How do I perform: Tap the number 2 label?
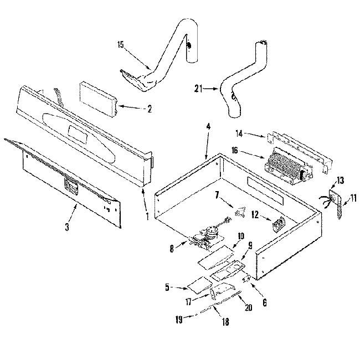click(x=150, y=109)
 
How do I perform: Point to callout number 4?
click(x=208, y=127)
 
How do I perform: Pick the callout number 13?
click(x=340, y=180)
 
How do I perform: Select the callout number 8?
click(x=172, y=250)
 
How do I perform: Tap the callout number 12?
click(x=255, y=215)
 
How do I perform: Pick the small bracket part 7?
click(x=240, y=210)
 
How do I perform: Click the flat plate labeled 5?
click(x=198, y=286)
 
